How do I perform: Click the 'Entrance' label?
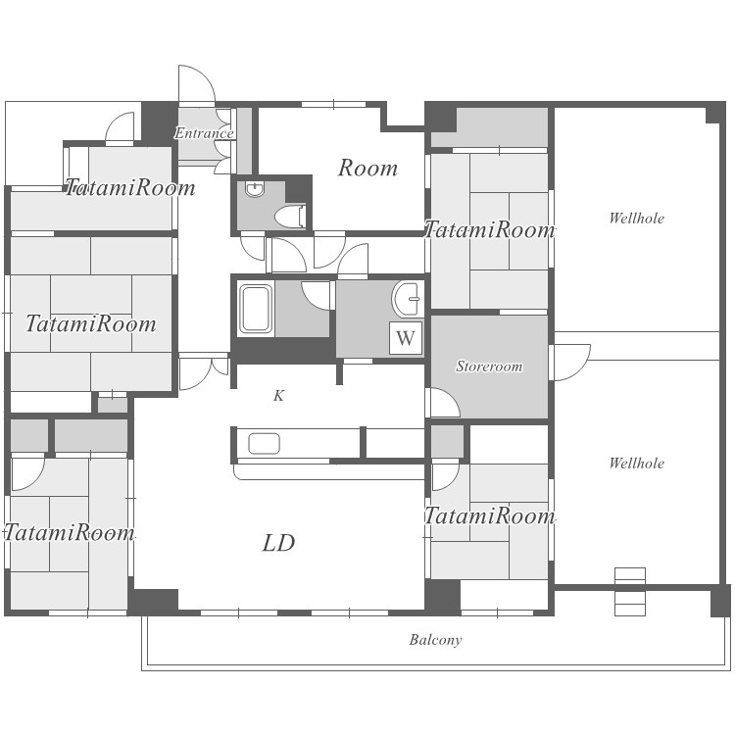click(204, 133)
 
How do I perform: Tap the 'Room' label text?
click(367, 168)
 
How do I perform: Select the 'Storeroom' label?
click(489, 367)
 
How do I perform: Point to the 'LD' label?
click(278, 543)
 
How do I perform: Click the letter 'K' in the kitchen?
click(279, 396)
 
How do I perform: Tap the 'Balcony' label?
click(435, 640)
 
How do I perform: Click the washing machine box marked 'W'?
click(406, 337)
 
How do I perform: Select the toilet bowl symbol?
click(290, 217)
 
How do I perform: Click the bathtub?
click(256, 310)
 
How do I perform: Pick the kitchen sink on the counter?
click(264, 443)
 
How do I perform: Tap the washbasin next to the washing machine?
click(406, 299)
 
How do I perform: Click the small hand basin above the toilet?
click(255, 189)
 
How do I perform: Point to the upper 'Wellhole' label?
click(637, 218)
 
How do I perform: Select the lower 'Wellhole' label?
click(637, 464)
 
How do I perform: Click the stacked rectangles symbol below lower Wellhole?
click(630, 592)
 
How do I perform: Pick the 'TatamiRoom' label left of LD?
click(70, 533)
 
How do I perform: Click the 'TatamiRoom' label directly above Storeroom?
click(489, 229)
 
